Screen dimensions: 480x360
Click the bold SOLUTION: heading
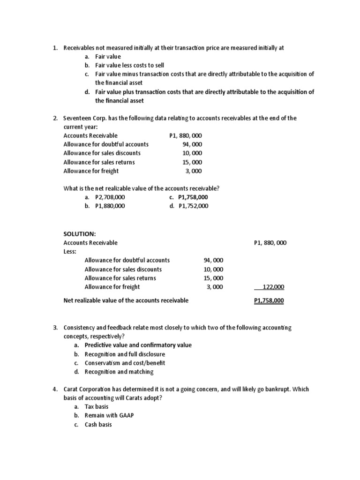79,233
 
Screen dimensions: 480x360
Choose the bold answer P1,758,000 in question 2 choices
193,197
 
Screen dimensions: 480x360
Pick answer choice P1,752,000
194,206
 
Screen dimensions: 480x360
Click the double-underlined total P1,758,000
269,300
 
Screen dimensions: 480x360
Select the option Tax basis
97,407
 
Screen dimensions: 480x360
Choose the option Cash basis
98,425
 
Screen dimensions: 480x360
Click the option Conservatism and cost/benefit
125,363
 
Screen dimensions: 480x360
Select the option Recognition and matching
119,372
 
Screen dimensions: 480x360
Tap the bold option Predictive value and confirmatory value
138,345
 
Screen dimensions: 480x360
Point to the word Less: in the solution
69,251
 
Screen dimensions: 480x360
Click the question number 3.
54,328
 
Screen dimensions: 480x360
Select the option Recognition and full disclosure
125,354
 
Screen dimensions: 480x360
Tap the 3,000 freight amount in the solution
215,287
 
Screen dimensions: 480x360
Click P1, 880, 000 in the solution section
270,243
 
